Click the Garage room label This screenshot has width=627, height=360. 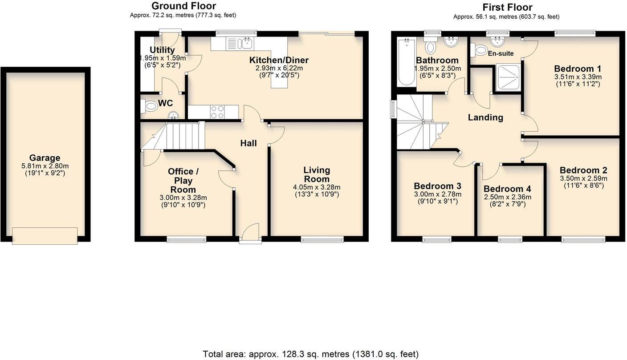click(45, 158)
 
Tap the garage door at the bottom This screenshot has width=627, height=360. click(45, 235)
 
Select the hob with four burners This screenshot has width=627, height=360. click(217, 112)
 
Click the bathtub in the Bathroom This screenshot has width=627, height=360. click(406, 62)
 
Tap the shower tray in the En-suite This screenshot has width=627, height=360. click(508, 78)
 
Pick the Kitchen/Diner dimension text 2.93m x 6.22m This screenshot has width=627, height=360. click(279, 68)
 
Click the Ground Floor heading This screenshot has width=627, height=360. click(183, 6)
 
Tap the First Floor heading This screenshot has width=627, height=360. click(507, 7)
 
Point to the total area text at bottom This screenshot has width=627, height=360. click(310, 354)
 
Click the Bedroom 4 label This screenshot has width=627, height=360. click(507, 189)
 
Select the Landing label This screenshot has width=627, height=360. click(485, 117)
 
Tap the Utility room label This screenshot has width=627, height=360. click(162, 50)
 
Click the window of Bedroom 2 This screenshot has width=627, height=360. click(583, 239)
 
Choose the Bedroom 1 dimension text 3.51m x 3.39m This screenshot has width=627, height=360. click(578, 77)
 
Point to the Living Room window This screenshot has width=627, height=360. click(322, 239)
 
